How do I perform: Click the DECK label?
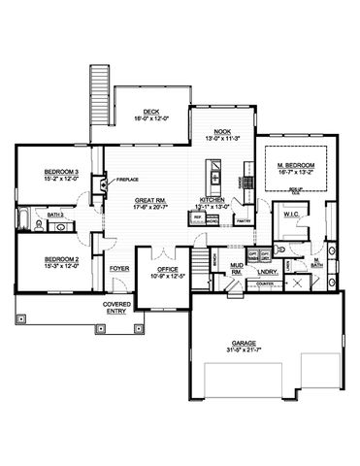[x=151, y=111]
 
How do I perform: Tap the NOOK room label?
[x=220, y=131]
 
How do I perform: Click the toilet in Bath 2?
[x=40, y=223]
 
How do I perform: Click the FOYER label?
[x=119, y=267]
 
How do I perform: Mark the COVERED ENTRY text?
[x=117, y=309]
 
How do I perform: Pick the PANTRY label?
[x=244, y=221]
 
